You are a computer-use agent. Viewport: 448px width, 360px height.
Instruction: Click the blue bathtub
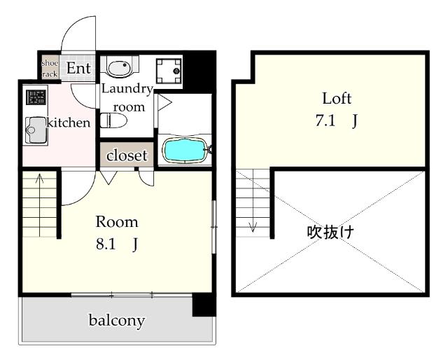[185, 149]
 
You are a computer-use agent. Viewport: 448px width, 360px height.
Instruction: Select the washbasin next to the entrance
[120, 67]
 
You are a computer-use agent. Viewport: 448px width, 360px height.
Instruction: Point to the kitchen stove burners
[36, 97]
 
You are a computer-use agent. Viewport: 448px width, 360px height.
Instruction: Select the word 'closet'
[127, 155]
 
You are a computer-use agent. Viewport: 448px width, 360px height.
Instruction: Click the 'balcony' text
[116, 321]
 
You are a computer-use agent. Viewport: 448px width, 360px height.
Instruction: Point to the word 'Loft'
[336, 97]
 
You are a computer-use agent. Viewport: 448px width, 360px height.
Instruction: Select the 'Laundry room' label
[127, 98]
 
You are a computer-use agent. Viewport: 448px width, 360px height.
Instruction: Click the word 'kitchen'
[69, 123]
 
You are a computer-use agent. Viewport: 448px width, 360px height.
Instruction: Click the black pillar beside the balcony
[204, 305]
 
